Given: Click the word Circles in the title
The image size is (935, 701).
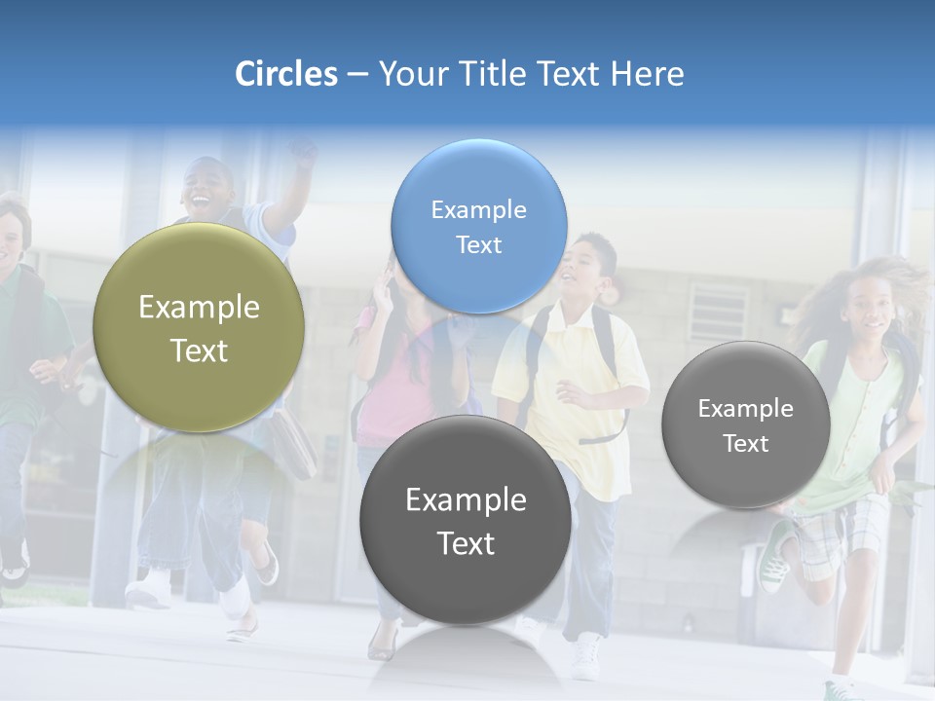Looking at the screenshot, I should pyautogui.click(x=286, y=74).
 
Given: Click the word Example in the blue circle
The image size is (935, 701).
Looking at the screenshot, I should pyautogui.click(x=478, y=209).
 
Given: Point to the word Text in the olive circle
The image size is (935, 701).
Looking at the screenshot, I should pyautogui.click(x=199, y=350).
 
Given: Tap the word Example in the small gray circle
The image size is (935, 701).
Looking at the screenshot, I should pyautogui.click(x=746, y=408).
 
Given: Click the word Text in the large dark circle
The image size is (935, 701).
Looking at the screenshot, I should pyautogui.click(x=466, y=543).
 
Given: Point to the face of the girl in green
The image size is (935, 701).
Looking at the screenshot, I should pyautogui.click(x=869, y=310).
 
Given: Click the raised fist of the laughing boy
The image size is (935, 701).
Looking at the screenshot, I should pyautogui.click(x=306, y=151).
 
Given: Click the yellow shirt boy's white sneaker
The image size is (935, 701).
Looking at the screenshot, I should pyautogui.click(x=587, y=657).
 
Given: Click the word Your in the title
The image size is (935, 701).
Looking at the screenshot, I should pyautogui.click(x=409, y=74).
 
